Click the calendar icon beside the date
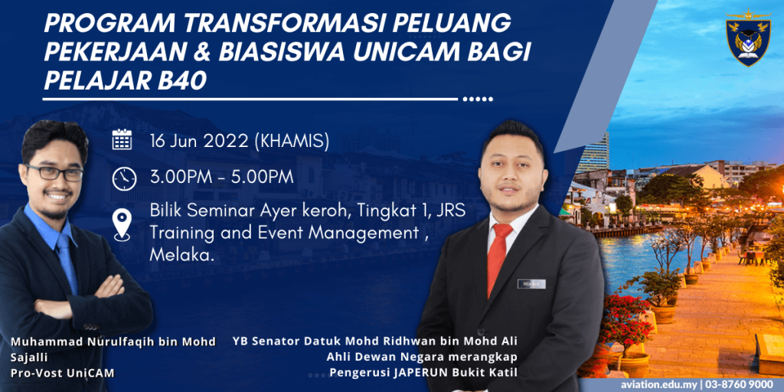[x=122, y=139]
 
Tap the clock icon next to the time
[x=124, y=178]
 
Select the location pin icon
[x=122, y=224]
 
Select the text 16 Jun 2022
[x=200, y=142]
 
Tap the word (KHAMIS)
[x=291, y=142]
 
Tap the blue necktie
[x=66, y=263]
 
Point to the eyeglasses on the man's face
[x=54, y=172]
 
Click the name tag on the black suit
[x=531, y=283]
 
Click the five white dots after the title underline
[x=478, y=99]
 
